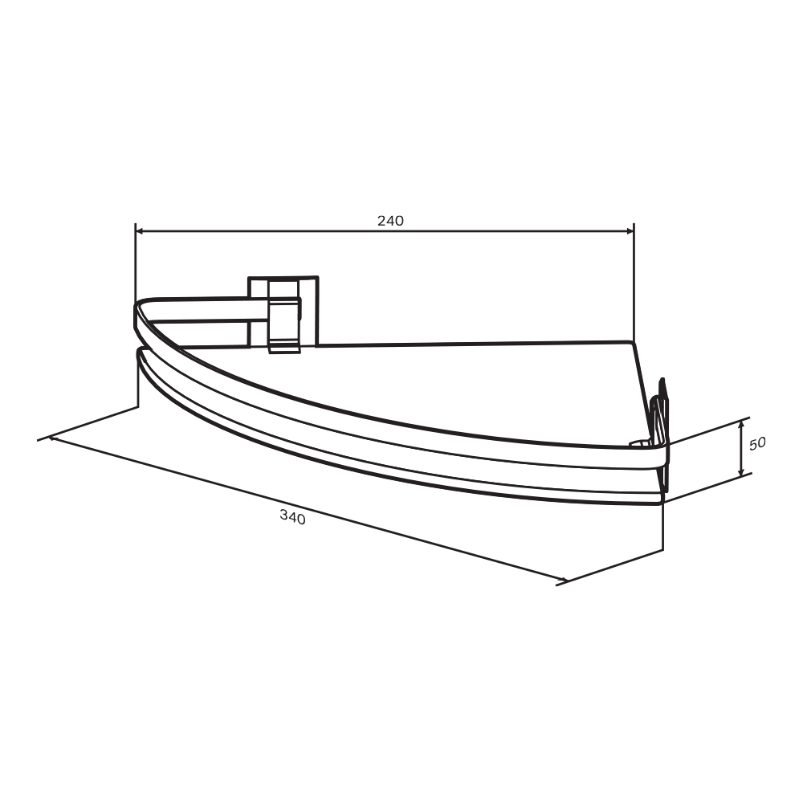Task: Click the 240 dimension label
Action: [x=390, y=221]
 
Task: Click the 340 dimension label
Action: [x=293, y=517]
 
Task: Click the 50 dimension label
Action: [x=757, y=443]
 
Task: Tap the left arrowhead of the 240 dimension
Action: [x=139, y=231]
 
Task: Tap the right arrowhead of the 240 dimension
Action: [x=630, y=231]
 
